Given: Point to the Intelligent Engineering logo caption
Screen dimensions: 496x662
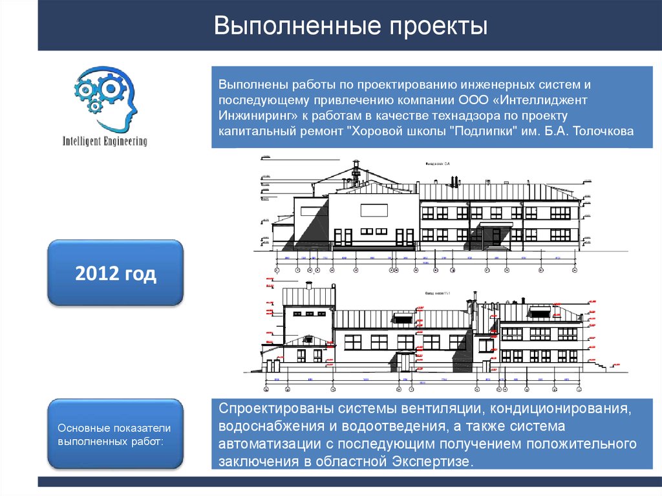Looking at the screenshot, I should pos(104,141).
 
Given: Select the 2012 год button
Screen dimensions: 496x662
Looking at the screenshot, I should pos(116,274).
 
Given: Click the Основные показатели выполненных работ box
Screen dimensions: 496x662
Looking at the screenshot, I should pos(115,434).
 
